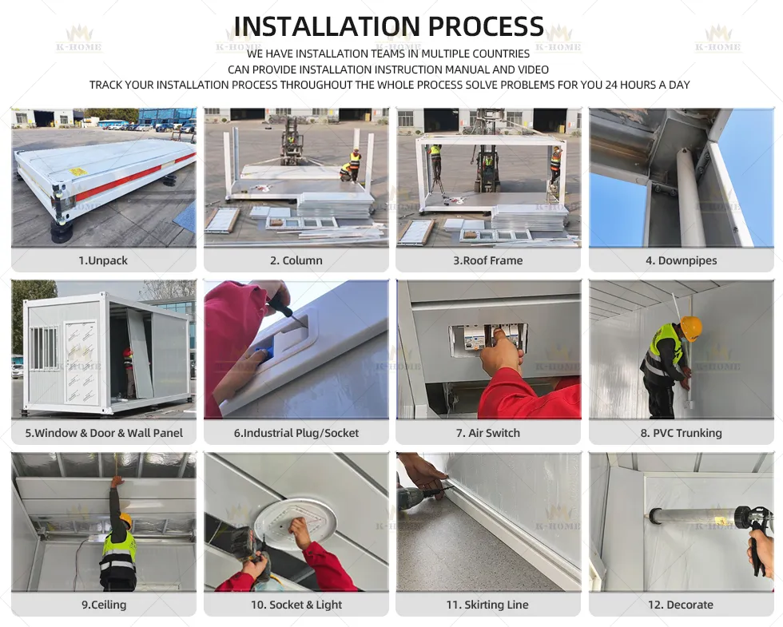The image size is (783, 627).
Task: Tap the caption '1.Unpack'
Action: click(x=103, y=260)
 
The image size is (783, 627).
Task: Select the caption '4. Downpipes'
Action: click(x=681, y=260)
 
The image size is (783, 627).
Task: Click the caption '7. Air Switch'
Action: click(x=488, y=433)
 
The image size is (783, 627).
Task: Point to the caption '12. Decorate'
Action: click(x=681, y=605)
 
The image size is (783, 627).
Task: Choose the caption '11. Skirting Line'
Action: click(x=487, y=605)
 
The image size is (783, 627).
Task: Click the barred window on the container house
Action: click(x=45, y=347)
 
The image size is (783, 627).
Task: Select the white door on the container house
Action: click(x=81, y=362)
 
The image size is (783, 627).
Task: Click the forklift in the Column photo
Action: click(x=292, y=141)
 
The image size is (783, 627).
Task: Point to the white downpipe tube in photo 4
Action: click(x=690, y=198)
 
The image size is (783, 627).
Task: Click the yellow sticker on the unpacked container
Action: click(x=78, y=173)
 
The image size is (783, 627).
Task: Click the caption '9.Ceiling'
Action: click(x=104, y=605)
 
